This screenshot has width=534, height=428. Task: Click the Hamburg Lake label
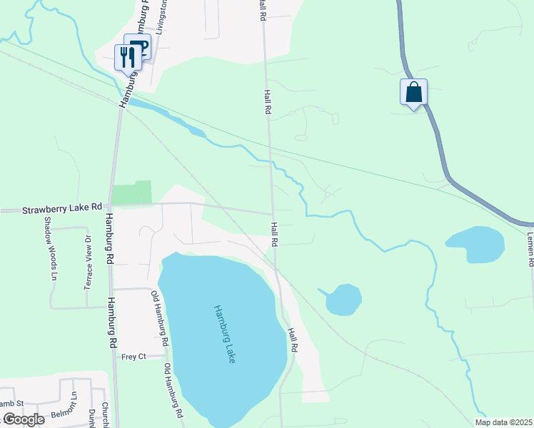point(223,335)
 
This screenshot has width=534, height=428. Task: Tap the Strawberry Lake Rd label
point(62,209)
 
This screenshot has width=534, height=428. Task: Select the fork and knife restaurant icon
point(126,56)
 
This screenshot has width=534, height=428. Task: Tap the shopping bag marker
point(413,92)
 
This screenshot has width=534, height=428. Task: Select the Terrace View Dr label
point(88,262)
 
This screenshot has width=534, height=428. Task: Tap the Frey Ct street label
point(133,356)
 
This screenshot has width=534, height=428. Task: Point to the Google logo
point(23,419)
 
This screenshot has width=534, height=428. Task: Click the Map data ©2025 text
point(503,422)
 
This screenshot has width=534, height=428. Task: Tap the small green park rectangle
point(132,193)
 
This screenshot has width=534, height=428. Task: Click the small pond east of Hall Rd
point(343,300)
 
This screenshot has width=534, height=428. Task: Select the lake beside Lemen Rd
point(475,244)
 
